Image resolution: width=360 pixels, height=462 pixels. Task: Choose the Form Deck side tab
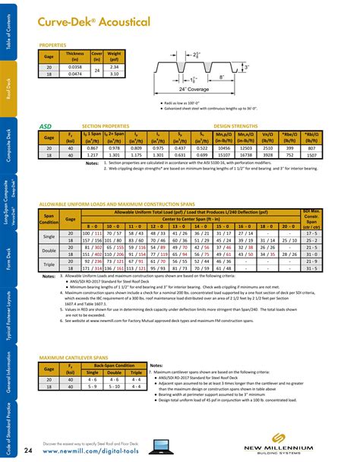[x=8, y=258]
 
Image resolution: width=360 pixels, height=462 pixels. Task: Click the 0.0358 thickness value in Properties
[x=75, y=67]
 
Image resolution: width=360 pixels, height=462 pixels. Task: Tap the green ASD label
[x=45, y=125]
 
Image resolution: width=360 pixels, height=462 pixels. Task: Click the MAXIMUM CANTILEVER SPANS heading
[x=76, y=357]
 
